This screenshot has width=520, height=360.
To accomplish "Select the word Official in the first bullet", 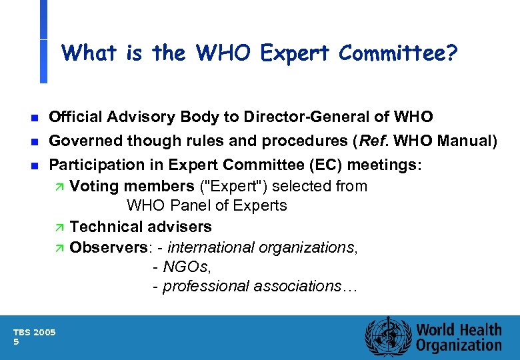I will click(75, 117).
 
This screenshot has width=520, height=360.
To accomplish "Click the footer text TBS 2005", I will click(35, 332).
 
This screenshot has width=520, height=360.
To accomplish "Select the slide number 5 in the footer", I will click(16, 341).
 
